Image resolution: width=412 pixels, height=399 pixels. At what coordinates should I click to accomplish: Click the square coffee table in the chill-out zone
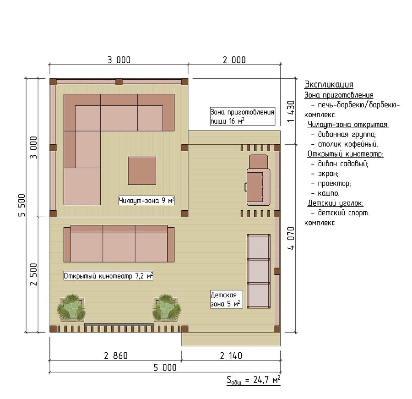click(142, 171)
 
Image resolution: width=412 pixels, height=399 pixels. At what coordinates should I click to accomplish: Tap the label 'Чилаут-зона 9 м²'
click(146, 201)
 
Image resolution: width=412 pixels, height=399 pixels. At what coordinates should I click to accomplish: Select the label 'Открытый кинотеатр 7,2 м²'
click(108, 276)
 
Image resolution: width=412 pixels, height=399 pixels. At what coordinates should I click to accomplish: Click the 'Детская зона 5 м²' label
click(226, 299)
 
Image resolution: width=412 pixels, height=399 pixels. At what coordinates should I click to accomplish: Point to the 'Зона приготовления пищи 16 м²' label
click(242, 116)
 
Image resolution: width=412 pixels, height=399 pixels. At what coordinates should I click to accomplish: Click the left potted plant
click(71, 307)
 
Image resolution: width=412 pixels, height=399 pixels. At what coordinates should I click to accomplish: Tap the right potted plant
click(167, 307)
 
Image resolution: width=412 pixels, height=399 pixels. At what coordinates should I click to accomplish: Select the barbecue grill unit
click(258, 180)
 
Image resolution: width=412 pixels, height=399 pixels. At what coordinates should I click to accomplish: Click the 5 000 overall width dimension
click(165, 367)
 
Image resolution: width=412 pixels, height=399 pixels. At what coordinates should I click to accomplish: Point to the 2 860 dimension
click(116, 355)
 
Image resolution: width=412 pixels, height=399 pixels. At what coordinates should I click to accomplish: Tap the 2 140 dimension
click(231, 355)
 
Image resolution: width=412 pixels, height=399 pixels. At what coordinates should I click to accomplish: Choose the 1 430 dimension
click(291, 111)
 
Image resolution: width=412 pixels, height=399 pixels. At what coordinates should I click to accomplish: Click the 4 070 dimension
click(291, 238)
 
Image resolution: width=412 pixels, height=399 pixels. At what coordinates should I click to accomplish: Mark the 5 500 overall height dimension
click(22, 205)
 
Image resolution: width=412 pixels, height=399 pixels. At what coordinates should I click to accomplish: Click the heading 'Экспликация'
click(329, 84)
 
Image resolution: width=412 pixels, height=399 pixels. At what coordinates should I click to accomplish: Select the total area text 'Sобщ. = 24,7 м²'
click(254, 380)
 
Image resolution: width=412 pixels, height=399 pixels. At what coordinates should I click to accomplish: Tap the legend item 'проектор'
click(334, 184)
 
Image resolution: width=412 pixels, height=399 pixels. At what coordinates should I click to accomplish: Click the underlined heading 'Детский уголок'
click(336, 203)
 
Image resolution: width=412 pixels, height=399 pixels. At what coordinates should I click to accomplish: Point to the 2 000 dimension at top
click(234, 60)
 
